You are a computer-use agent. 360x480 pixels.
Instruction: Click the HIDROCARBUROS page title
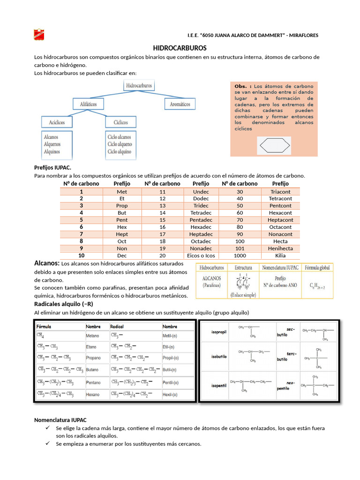180,48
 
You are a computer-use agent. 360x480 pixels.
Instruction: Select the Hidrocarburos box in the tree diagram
140,86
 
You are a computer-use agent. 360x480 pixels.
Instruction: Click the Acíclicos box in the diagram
57,122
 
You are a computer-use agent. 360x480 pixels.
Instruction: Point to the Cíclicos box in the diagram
120,122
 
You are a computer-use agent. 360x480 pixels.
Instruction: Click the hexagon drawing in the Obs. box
274,146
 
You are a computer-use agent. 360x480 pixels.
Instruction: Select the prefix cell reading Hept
122,234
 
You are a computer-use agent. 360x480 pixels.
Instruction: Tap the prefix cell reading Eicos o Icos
201,255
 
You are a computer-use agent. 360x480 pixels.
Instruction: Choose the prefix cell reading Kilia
280,255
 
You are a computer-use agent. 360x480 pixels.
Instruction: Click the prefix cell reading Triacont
280,191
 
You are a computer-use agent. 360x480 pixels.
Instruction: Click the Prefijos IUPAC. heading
53,167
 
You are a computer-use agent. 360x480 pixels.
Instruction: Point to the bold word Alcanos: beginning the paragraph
47,263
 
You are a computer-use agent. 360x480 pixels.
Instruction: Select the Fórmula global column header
317,268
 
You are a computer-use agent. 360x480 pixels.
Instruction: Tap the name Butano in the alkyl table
92,370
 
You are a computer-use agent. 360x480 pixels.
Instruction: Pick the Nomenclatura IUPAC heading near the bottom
60,420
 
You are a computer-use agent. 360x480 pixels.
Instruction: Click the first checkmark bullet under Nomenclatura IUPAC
48,428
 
